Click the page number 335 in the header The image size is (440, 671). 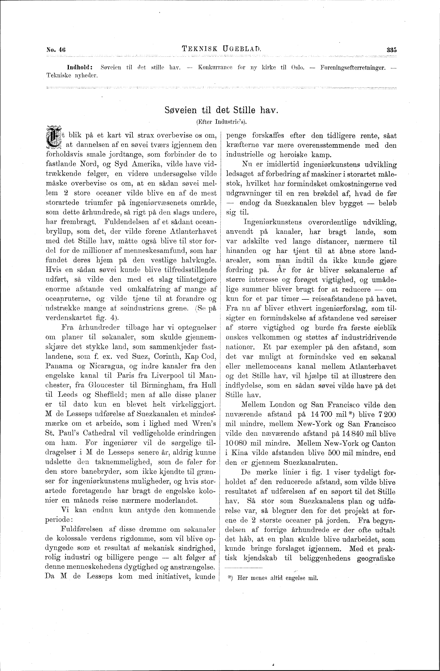[391, 50]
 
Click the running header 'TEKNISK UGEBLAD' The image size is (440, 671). [221, 49]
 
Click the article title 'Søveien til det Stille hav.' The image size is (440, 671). [221, 110]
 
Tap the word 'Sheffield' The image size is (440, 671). [111, 394]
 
